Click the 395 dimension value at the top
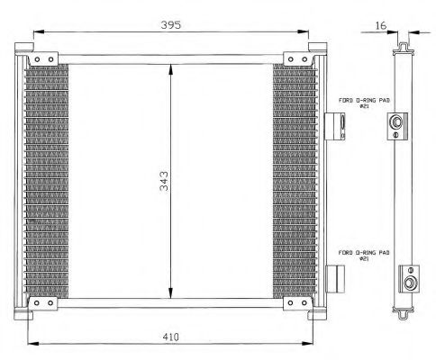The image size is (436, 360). [x=171, y=24]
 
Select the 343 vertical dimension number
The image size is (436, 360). [x=164, y=181]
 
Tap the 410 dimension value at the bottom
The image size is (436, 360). [x=170, y=337]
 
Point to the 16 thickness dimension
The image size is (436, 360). [x=380, y=25]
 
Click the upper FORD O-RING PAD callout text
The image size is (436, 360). [x=364, y=103]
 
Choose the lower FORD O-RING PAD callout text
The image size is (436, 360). [x=364, y=256]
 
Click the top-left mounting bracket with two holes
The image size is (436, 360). [x=43, y=59]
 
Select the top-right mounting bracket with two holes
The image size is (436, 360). [x=297, y=59]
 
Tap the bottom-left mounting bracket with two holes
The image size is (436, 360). [x=43, y=303]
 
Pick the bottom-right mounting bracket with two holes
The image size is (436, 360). [x=297, y=303]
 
